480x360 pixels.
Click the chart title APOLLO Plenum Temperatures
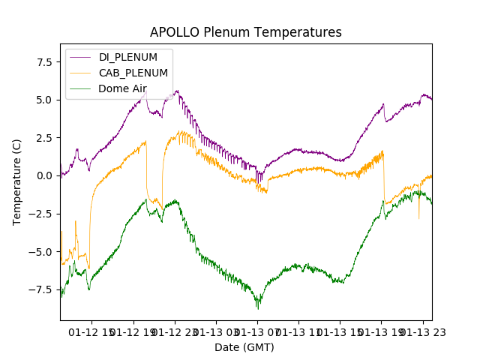pyautogui.click(x=245, y=32)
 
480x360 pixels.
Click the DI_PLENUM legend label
pyautogui.click(x=128, y=57)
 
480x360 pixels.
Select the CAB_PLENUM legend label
pyautogui.click(x=133, y=73)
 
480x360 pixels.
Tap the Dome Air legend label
pyautogui.click(x=122, y=88)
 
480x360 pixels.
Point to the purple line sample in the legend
pyautogui.click(x=80, y=57)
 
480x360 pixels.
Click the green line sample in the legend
pyautogui.click(x=80, y=88)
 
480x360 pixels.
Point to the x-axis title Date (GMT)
pyautogui.click(x=244, y=347)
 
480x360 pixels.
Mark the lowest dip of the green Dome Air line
pyautogui.click(x=258, y=308)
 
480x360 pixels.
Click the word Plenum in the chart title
pyautogui.click(x=222, y=32)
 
